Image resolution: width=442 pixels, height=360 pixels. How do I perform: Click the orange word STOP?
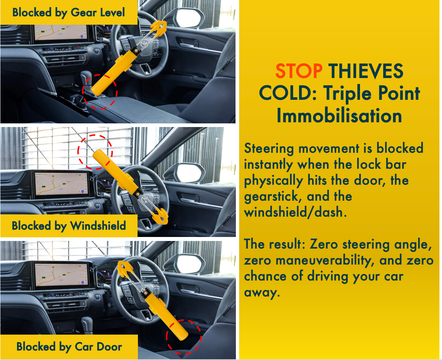pos(298,71)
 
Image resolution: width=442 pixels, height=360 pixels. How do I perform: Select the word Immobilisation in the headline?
pos(339,116)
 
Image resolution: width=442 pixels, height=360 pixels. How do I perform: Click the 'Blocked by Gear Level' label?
pos(69,13)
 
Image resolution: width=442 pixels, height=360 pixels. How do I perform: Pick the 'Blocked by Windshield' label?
pos(69,226)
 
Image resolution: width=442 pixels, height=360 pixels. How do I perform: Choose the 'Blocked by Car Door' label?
pos(69,347)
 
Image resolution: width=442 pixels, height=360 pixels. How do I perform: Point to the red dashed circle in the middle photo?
pos(95,152)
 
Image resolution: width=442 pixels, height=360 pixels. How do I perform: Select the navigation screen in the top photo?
pos(61,33)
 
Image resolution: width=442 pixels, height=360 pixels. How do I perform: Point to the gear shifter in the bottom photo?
pos(87,323)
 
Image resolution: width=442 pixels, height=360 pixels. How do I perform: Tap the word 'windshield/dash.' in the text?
pos(295,212)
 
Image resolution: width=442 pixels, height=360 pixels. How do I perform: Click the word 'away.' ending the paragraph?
pos(262,292)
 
